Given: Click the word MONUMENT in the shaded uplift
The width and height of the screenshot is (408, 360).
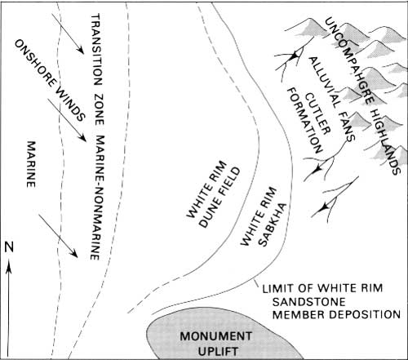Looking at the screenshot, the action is click(216, 336).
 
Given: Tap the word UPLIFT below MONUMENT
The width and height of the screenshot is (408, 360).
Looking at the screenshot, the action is click(218, 351).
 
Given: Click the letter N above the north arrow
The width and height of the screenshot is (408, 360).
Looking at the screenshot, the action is click(9, 247).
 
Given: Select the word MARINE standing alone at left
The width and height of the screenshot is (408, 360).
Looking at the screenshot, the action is click(31, 164).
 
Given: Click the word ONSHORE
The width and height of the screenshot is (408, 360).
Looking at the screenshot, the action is click(35, 64).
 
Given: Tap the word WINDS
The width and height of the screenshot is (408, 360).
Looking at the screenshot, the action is click(71, 104).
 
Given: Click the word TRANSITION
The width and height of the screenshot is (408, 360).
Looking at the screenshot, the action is click(96, 50).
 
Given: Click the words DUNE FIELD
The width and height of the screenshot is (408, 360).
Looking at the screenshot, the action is click(220, 198).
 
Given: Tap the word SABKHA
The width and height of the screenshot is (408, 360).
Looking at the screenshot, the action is click(273, 224).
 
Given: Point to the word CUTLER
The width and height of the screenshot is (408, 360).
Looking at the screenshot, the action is click(317, 113).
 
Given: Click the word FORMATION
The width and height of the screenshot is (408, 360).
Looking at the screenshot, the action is click(304, 121).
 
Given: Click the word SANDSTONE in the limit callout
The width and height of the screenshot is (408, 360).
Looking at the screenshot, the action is click(309, 302).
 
